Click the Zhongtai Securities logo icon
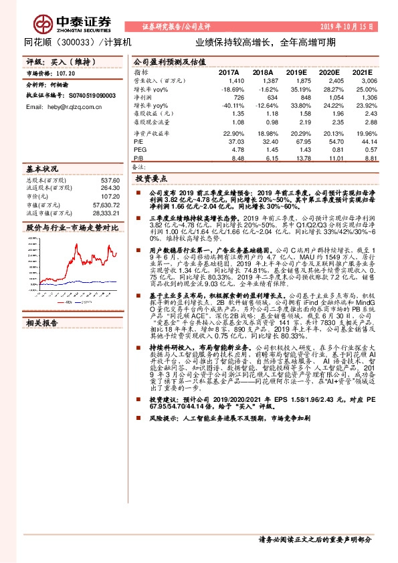45,22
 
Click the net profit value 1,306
371,98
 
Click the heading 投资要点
149,179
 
